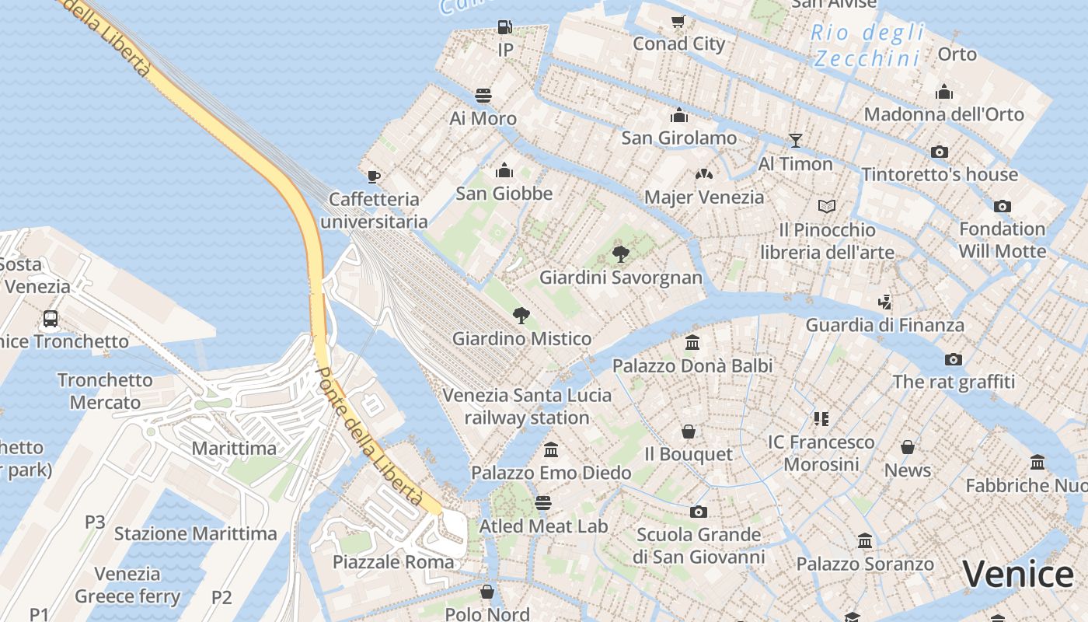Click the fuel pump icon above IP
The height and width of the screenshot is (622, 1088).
(505, 27)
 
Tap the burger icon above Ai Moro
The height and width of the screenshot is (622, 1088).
(483, 96)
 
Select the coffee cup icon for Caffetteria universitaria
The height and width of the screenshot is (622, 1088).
(374, 176)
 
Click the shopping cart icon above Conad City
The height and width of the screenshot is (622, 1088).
(678, 21)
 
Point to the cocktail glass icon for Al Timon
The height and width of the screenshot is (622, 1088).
(795, 141)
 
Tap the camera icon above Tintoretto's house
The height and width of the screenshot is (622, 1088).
(940, 152)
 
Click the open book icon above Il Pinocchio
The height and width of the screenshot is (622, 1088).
(827, 207)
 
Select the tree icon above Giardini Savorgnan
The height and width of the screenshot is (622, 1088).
(620, 253)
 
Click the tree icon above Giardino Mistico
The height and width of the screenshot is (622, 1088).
(521, 315)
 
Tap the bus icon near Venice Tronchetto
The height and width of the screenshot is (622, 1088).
(51, 318)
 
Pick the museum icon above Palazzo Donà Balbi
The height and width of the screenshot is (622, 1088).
(692, 342)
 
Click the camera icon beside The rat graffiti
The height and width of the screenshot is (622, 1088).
(954, 359)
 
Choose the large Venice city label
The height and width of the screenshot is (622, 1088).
(1018, 575)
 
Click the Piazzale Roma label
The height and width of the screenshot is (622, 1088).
(393, 561)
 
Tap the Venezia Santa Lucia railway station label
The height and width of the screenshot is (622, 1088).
(527, 406)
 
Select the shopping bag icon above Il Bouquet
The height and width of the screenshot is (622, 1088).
(689, 432)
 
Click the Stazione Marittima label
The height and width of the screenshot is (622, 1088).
(195, 533)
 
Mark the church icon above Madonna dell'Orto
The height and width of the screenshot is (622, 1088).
(944, 92)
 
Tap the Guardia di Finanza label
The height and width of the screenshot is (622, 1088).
(884, 325)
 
